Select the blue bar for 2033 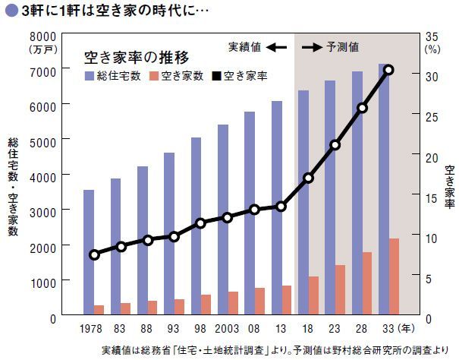tap(384, 190)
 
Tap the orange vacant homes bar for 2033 tap(394, 277)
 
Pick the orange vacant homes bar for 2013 tap(286, 301)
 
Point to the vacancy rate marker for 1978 tap(94, 254)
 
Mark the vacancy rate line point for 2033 tap(388, 70)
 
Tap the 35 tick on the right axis tap(432, 36)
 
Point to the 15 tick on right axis tap(432, 197)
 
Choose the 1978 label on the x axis tap(94, 330)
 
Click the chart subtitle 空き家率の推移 tap(136, 57)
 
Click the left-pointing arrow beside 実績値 tap(276, 47)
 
